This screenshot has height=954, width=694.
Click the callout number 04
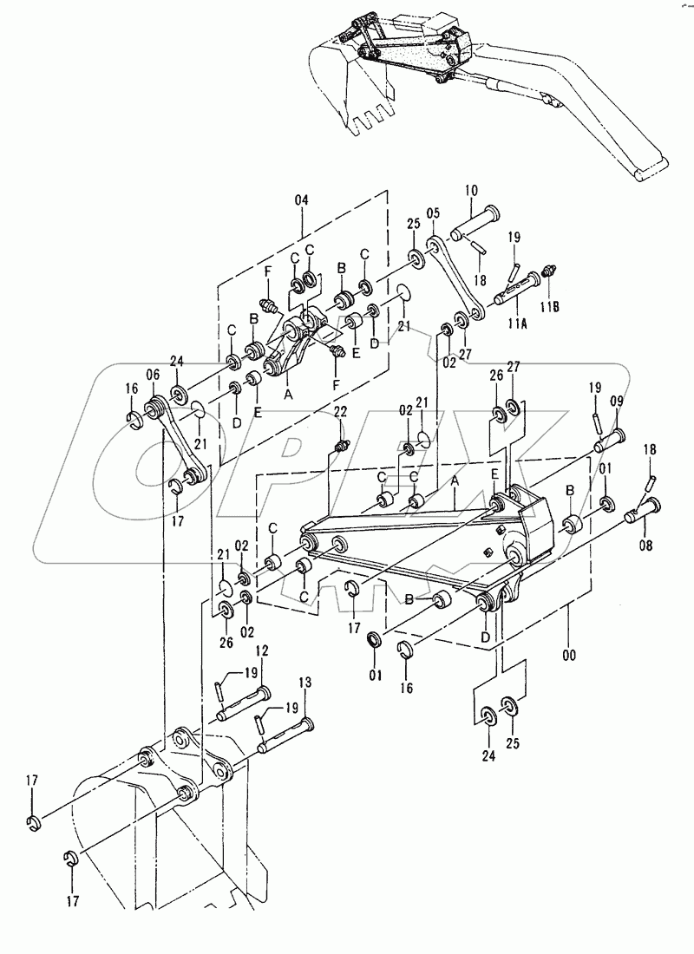(301, 199)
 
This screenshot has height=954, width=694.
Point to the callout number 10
(471, 190)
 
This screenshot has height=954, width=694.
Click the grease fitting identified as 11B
(548, 272)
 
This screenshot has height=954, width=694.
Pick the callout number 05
(434, 212)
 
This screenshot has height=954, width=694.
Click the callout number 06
(153, 375)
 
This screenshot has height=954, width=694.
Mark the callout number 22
(340, 411)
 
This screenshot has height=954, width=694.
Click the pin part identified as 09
(610, 435)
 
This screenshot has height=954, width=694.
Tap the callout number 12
(261, 650)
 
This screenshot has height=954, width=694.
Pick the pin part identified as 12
(245, 699)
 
